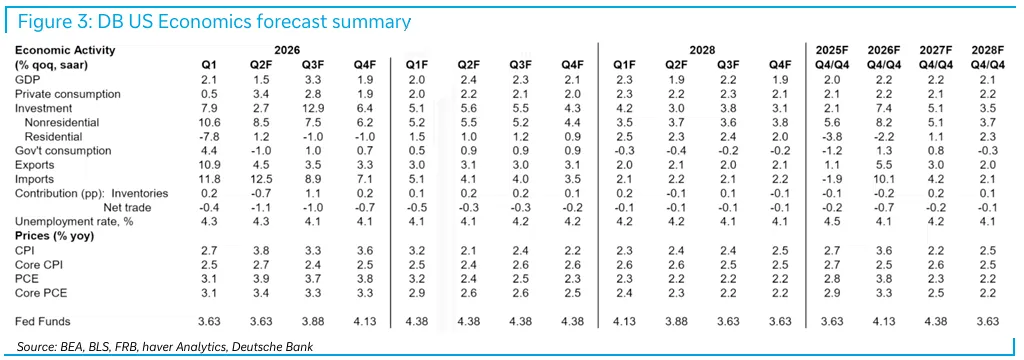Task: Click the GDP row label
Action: pyautogui.click(x=25, y=79)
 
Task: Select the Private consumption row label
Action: pyautogui.click(x=68, y=93)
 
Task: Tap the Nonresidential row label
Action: pyautogui.click(x=62, y=122)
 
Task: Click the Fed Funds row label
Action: pyautogui.click(x=42, y=321)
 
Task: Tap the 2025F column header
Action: pyautogui.click(x=833, y=50)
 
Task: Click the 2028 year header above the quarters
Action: pyautogui.click(x=702, y=50)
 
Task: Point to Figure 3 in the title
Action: pyautogui.click(x=55, y=22)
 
